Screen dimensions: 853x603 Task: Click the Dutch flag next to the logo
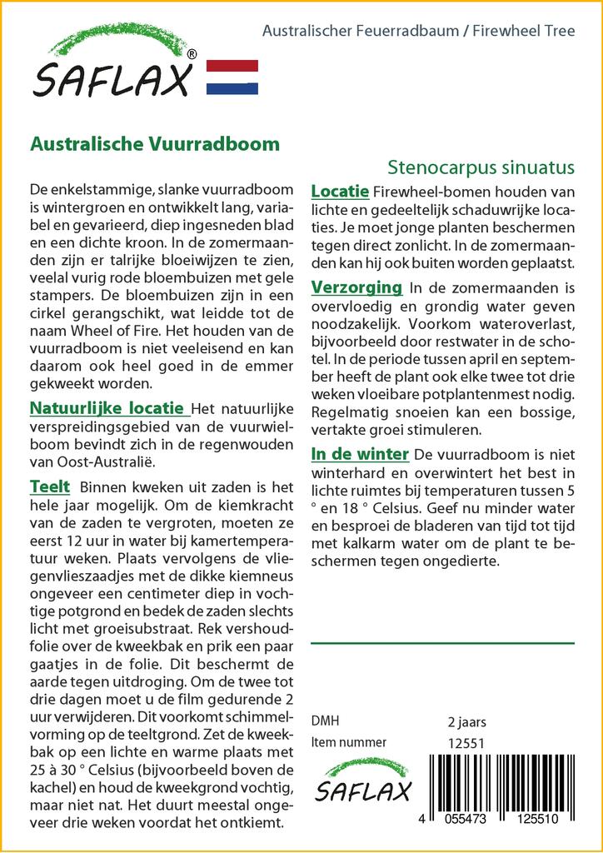coord(232,77)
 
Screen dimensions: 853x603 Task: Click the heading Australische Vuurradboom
coord(155,143)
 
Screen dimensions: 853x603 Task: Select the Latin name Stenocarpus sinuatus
coord(481,167)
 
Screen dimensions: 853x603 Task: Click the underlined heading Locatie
coord(340,192)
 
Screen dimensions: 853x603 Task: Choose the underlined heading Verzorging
coord(356,288)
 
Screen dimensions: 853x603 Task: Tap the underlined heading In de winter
coord(360,454)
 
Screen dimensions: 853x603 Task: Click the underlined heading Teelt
coord(49,486)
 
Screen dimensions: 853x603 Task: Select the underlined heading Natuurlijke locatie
coord(107,408)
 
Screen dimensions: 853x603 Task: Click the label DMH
coord(325,721)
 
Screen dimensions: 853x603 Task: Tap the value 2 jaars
coord(466,721)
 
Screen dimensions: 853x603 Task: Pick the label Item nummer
coord(348,743)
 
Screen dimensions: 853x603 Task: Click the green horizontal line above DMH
coord(442,643)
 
